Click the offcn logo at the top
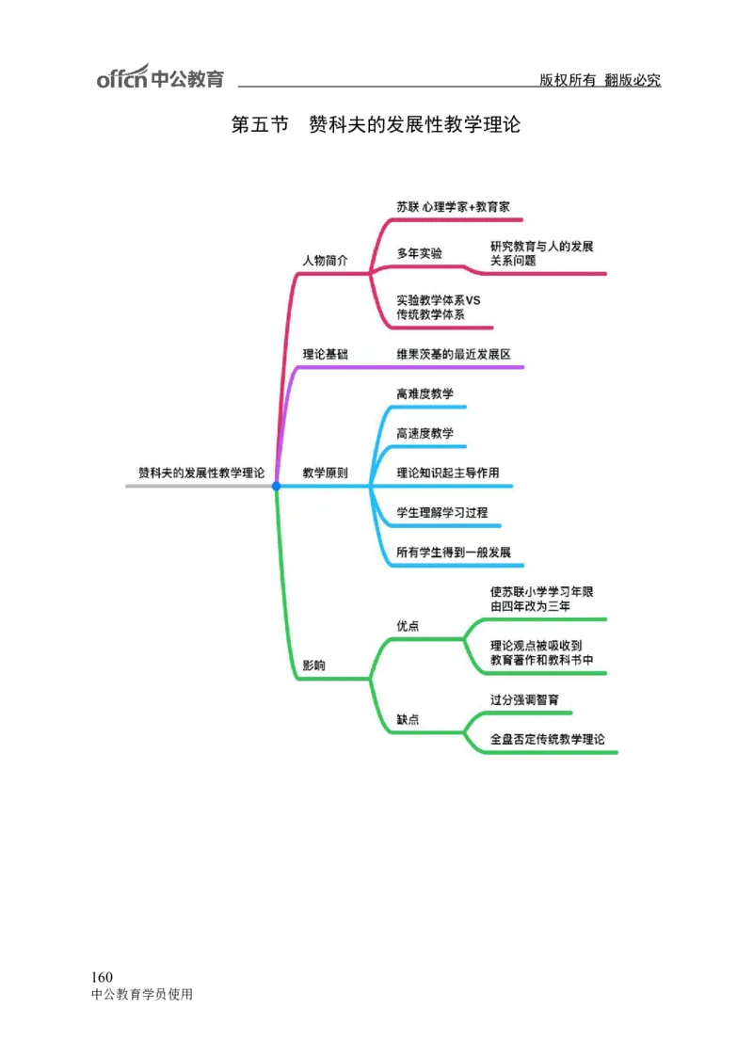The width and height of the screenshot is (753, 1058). (x=160, y=78)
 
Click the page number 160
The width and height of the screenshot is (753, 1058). (x=102, y=976)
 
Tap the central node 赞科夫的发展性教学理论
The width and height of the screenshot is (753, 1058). (x=200, y=473)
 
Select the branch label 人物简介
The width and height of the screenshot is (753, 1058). (x=325, y=261)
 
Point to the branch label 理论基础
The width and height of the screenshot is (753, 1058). (x=325, y=354)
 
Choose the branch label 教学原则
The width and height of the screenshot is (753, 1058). (x=325, y=473)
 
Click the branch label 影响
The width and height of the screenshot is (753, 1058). (x=313, y=665)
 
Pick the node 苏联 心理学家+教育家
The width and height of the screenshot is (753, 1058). (x=453, y=206)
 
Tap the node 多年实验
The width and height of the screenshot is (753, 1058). (x=419, y=253)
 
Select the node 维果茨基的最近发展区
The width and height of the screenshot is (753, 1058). (x=453, y=354)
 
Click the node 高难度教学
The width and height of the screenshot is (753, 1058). (x=425, y=393)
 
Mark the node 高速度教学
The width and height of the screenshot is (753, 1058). (x=425, y=433)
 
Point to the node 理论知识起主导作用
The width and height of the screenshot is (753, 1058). (x=447, y=473)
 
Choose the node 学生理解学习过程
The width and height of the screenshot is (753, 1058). (x=441, y=512)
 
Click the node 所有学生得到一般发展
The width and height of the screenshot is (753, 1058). (x=453, y=553)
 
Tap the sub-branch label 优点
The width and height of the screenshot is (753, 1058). (x=408, y=626)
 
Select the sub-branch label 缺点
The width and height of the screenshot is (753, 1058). (x=408, y=719)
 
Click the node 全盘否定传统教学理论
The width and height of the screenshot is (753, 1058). (x=547, y=740)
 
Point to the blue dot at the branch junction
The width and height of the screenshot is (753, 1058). (x=277, y=486)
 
